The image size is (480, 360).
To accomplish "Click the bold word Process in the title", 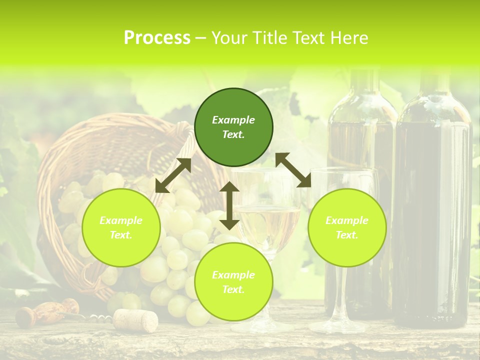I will tap(157, 37).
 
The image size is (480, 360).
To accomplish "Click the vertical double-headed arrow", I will tap(229, 205).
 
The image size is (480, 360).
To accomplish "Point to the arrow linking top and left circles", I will tap(173, 175).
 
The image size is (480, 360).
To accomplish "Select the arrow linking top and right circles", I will tap(293, 170).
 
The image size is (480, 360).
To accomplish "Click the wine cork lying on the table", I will tap(135, 320).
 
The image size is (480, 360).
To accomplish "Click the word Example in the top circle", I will tap(233, 120).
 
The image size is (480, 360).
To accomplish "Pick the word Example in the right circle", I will tap(347, 220).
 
